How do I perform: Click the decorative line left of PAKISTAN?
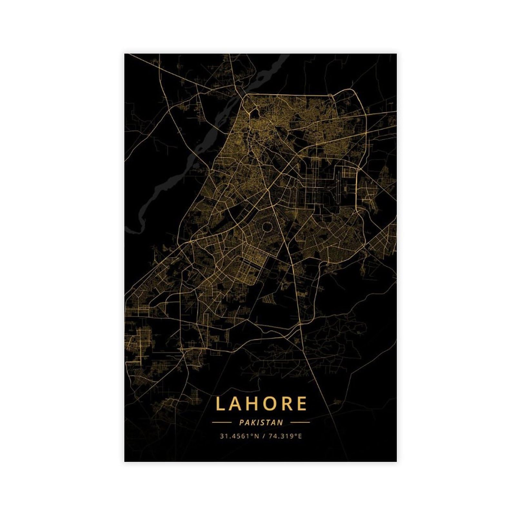[x=222, y=422]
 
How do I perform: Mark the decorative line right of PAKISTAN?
[x=300, y=422]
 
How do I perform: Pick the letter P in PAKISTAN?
[x=242, y=422]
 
